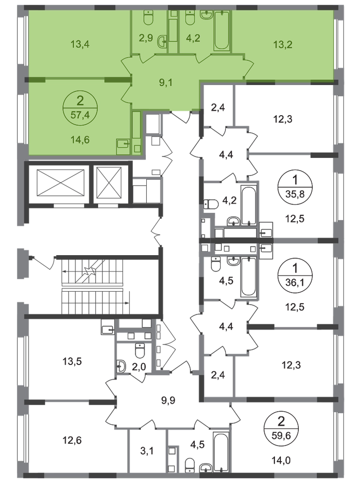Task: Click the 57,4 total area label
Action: click(x=80, y=115)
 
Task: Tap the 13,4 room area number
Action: click(x=80, y=44)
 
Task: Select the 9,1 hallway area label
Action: click(x=166, y=83)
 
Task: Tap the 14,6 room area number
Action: click(x=80, y=139)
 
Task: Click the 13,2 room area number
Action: click(x=283, y=45)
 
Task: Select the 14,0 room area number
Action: click(x=281, y=461)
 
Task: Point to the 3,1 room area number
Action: click(x=147, y=451)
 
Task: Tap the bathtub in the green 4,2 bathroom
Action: click(x=222, y=30)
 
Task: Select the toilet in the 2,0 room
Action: click(x=140, y=350)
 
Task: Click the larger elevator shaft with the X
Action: click(x=60, y=183)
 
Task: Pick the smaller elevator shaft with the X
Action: click(x=109, y=183)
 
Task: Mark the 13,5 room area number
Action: click(x=72, y=361)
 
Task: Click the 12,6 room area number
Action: click(x=72, y=440)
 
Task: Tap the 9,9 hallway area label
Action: click(x=168, y=400)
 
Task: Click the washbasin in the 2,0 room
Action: click(x=121, y=366)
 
